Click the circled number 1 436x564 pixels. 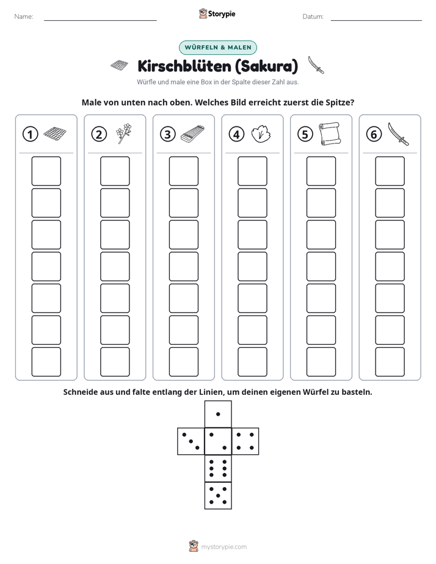pyautogui.click(x=30, y=134)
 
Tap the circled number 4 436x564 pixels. pyautogui.click(x=236, y=134)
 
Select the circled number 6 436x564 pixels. pyautogui.click(x=374, y=134)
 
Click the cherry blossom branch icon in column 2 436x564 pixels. pyautogui.click(x=124, y=134)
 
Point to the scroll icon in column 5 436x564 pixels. pyautogui.click(x=330, y=134)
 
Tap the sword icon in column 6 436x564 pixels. pyautogui.click(x=399, y=134)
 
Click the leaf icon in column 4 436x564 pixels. pyautogui.click(x=261, y=134)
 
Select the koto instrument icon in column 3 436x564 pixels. pyautogui.click(x=192, y=134)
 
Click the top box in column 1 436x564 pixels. pyautogui.click(x=46, y=171)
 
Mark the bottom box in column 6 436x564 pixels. pyautogui.click(x=390, y=362)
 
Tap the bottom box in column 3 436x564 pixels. pyautogui.click(x=183, y=362)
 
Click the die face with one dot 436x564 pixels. pyautogui.click(x=218, y=414)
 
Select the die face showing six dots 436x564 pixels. pyautogui.click(x=218, y=468)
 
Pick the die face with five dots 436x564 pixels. pyautogui.click(x=218, y=496)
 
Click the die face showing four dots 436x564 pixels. pyautogui.click(x=245, y=441)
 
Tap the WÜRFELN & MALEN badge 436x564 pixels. pyautogui.click(x=218, y=48)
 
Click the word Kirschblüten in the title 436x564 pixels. pyautogui.click(x=184, y=66)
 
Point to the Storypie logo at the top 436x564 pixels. pyautogui.click(x=217, y=14)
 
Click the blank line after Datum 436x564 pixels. pyautogui.click(x=376, y=20)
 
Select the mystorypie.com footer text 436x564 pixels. pyautogui.click(x=223, y=547)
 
